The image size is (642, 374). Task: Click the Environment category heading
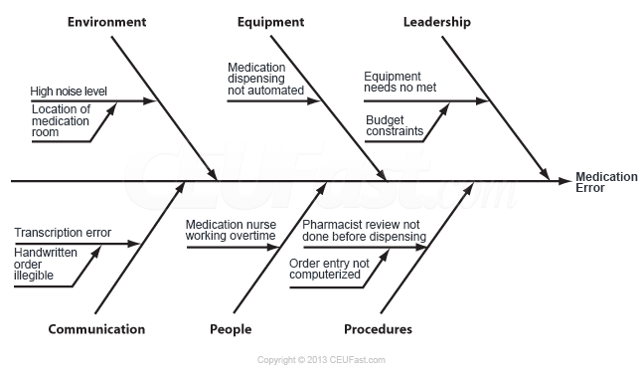point(106,22)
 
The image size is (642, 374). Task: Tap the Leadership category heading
point(437,22)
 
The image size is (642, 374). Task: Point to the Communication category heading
point(96,330)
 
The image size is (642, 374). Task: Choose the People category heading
point(231,330)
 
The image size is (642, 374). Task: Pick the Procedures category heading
point(378,330)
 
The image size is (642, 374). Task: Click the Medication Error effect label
point(606,182)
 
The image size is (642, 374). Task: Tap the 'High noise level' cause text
point(69,92)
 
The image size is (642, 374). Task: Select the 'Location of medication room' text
point(61,120)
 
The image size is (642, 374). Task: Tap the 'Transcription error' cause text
point(63,234)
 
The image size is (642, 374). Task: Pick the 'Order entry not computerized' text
point(329,269)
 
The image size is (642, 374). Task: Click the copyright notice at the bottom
point(321,360)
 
